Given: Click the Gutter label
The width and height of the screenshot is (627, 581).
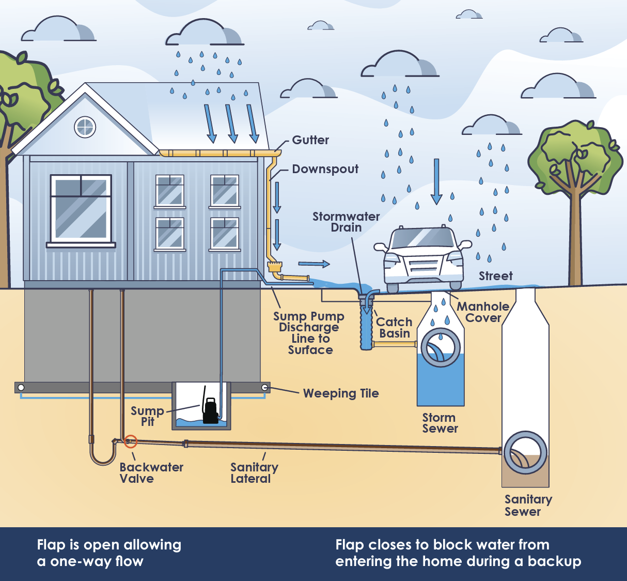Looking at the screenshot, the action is pos(310,140).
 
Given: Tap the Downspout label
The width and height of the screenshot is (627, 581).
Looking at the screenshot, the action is pos(325,169).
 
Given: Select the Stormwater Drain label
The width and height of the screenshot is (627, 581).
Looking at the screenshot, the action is pos(346,222).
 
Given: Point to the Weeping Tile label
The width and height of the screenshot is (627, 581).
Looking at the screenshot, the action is pos(341,393).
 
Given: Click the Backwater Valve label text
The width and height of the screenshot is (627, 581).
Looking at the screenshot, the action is pos(151,472).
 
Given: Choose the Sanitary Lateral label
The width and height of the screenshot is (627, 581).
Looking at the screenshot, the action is pos(254,473).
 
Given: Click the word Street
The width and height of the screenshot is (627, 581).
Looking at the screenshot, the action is pos(496,276).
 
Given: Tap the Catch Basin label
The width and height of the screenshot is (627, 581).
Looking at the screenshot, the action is pos(394,328).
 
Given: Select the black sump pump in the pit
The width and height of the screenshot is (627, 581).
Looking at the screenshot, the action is pos(210,410).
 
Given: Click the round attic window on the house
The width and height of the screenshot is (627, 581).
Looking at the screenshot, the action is pos(85,127).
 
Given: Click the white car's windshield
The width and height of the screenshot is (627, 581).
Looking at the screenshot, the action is pos(422,238).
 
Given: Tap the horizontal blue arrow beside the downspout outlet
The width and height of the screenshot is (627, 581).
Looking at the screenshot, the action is pos(314,264).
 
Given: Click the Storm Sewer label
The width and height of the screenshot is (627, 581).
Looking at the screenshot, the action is pos(440,423).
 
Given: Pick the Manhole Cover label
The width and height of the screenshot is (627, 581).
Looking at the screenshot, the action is pos(483,312).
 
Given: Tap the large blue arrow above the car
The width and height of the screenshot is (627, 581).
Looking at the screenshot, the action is pos(436,182).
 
